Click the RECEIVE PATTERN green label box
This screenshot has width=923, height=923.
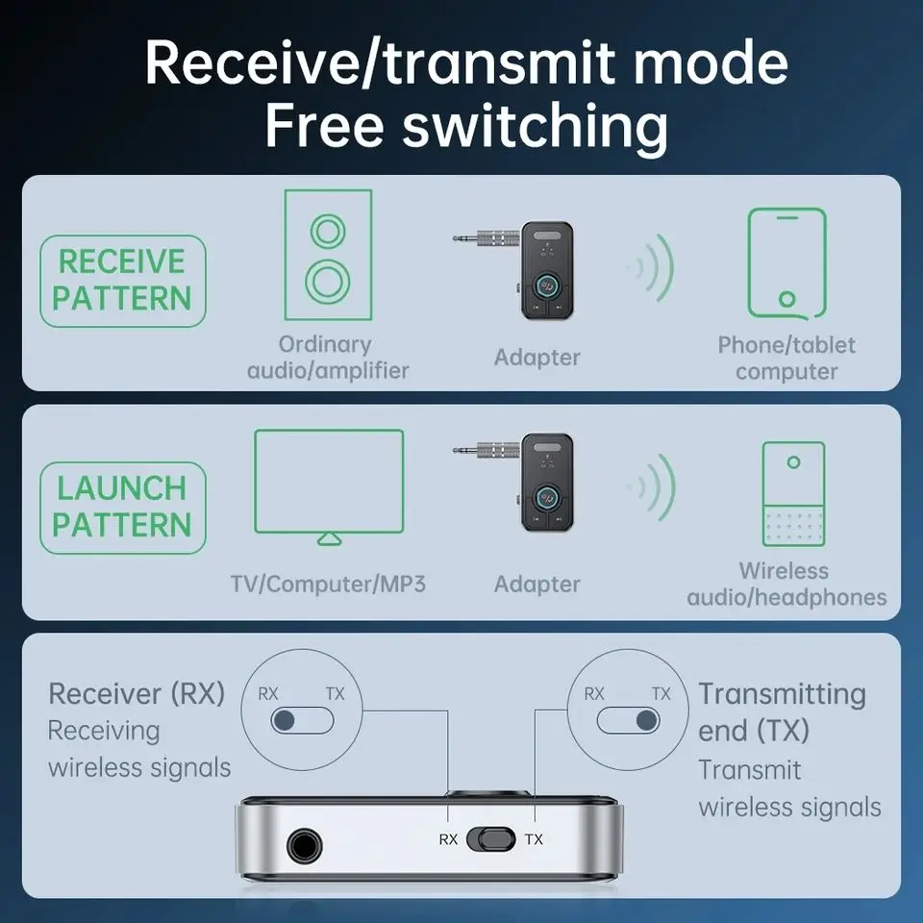pyautogui.click(x=122, y=281)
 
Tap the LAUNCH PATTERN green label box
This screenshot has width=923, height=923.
pyautogui.click(x=122, y=508)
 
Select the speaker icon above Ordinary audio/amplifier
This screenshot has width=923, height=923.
pyautogui.click(x=327, y=256)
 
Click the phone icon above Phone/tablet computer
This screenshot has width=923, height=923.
pyautogui.click(x=786, y=262)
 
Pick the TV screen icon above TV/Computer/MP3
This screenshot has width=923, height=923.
pyautogui.click(x=329, y=485)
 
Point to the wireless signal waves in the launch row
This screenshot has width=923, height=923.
pyautogui.click(x=652, y=486)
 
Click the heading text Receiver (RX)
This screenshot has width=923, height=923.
pyautogui.click(x=137, y=693)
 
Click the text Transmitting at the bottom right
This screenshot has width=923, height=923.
pyautogui.click(x=781, y=693)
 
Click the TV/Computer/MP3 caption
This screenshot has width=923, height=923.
pyautogui.click(x=328, y=584)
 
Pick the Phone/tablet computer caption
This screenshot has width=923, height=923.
pyautogui.click(x=786, y=358)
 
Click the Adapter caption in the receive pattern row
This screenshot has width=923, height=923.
pyautogui.click(x=536, y=358)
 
